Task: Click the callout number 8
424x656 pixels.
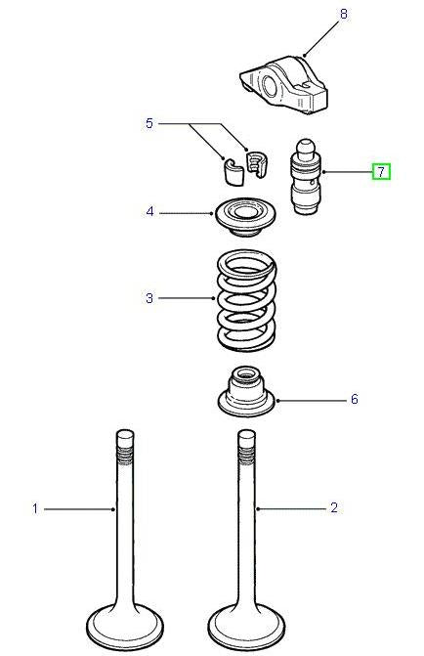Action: click(316, 15)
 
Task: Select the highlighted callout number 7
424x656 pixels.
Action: click(380, 172)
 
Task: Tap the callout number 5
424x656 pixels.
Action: click(149, 123)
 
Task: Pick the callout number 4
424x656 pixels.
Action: click(149, 211)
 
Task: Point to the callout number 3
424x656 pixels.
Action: click(149, 297)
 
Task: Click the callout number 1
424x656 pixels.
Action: click(35, 508)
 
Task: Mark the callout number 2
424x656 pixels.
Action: click(333, 508)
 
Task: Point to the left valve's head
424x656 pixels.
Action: click(124, 625)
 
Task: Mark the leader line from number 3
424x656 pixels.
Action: click(187, 297)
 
